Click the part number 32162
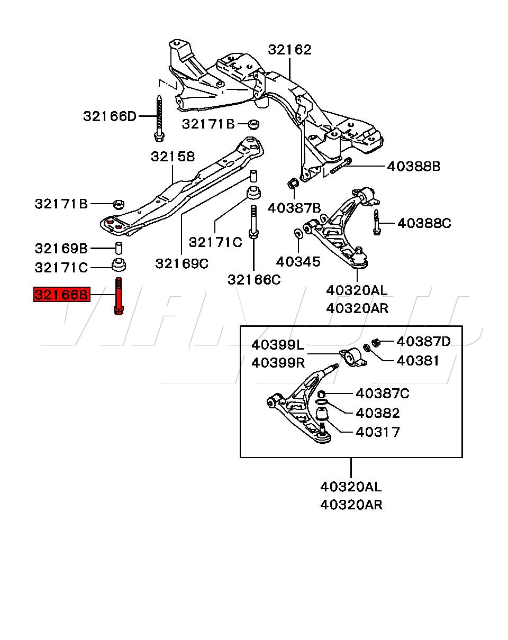point(289,50)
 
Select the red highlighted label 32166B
point(61,295)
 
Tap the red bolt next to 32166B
point(119,296)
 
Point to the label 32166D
point(110,116)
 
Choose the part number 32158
point(173,157)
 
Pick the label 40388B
point(414,166)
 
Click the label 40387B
point(294,208)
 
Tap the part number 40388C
point(424,223)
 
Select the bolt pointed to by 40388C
point(377,222)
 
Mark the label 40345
point(298,262)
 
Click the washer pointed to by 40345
point(298,233)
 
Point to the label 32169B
point(61,248)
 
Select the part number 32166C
point(254,280)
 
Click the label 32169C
point(182,263)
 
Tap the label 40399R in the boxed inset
point(278,363)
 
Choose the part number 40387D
point(423,341)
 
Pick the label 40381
point(418,361)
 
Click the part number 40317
point(378,432)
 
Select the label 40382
point(378,413)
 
